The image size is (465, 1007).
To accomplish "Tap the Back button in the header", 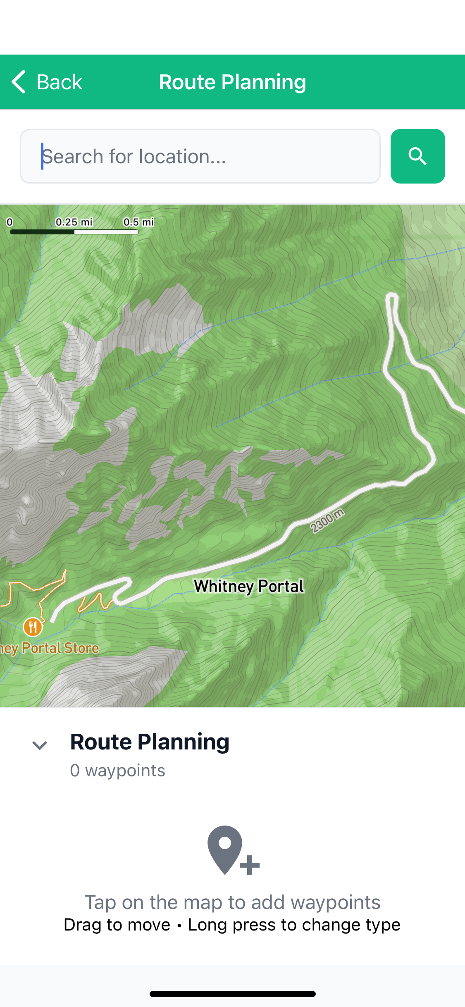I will [x=47, y=82].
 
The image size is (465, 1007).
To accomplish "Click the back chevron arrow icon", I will [x=19, y=82].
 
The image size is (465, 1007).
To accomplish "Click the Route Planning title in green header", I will [x=232, y=82].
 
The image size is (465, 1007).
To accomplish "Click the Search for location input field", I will [x=200, y=156].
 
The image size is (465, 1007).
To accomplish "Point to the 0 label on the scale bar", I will [x=10, y=222].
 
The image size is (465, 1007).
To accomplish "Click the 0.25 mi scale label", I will [x=74, y=222].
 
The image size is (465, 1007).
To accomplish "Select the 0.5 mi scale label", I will [x=138, y=222].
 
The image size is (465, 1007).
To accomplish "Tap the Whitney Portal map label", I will [x=249, y=586].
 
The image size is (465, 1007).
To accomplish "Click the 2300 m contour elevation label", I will [x=327, y=521].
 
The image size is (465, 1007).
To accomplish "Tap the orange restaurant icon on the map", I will [x=32, y=627].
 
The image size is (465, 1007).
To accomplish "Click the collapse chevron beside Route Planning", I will [x=40, y=745].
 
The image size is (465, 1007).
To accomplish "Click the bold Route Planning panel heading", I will [x=150, y=742].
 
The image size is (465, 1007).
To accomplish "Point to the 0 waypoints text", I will [x=118, y=771].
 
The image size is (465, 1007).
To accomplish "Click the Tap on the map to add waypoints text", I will [x=232, y=902].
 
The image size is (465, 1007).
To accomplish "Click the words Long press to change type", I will [x=294, y=925].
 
